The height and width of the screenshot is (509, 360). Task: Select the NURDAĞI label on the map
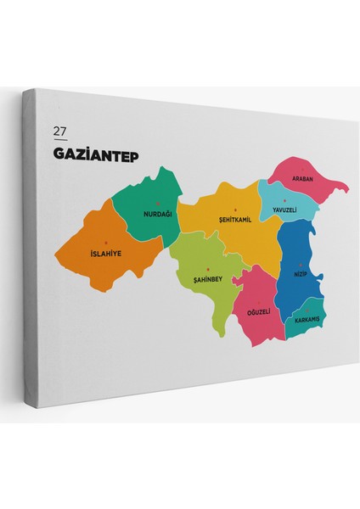tap(158, 213)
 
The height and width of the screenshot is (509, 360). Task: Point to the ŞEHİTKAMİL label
tap(235, 219)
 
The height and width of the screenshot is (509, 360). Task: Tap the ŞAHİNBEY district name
tap(208, 278)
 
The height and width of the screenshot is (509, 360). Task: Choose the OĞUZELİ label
tap(257, 311)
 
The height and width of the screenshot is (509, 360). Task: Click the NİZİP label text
tap(300, 274)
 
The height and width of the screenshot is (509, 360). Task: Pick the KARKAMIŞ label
tap(306, 320)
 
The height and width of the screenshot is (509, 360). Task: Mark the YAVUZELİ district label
tap(285, 210)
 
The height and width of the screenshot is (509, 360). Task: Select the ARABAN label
tap(303, 179)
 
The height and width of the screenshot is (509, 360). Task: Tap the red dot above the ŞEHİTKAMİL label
tap(235, 210)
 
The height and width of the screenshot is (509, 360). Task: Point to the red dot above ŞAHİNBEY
tap(208, 268)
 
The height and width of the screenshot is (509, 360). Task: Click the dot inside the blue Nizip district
tap(300, 265)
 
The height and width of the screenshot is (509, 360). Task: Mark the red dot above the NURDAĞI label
tap(158, 204)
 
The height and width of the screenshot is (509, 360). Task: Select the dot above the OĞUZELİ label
tap(257, 302)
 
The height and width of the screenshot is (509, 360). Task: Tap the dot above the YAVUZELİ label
tap(284, 200)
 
